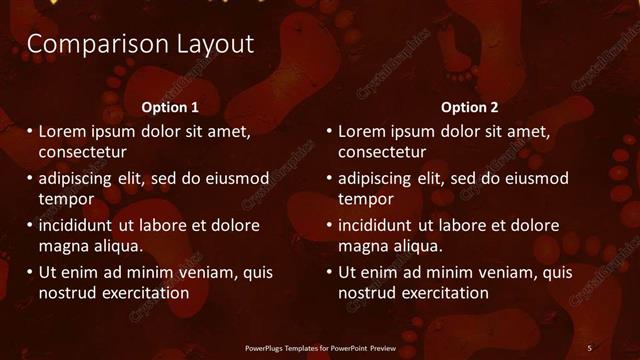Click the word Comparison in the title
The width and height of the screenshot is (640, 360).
tap(84, 45)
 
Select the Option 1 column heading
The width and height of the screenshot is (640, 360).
tap(170, 107)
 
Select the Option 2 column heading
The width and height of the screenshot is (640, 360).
tap(470, 107)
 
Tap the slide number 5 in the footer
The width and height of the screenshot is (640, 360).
tap(589, 347)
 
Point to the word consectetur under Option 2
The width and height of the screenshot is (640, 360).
tap(382, 153)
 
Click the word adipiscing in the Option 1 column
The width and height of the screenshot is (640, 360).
tap(79, 178)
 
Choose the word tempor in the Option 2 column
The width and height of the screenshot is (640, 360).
tap(366, 199)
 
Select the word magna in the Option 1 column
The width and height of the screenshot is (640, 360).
tap(62, 246)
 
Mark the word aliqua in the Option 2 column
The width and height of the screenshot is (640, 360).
tap(417, 246)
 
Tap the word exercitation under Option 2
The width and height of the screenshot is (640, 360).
tap(439, 293)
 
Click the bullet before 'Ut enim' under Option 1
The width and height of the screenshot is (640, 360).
tap(29, 272)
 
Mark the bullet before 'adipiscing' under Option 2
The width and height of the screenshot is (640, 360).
tap(329, 178)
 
